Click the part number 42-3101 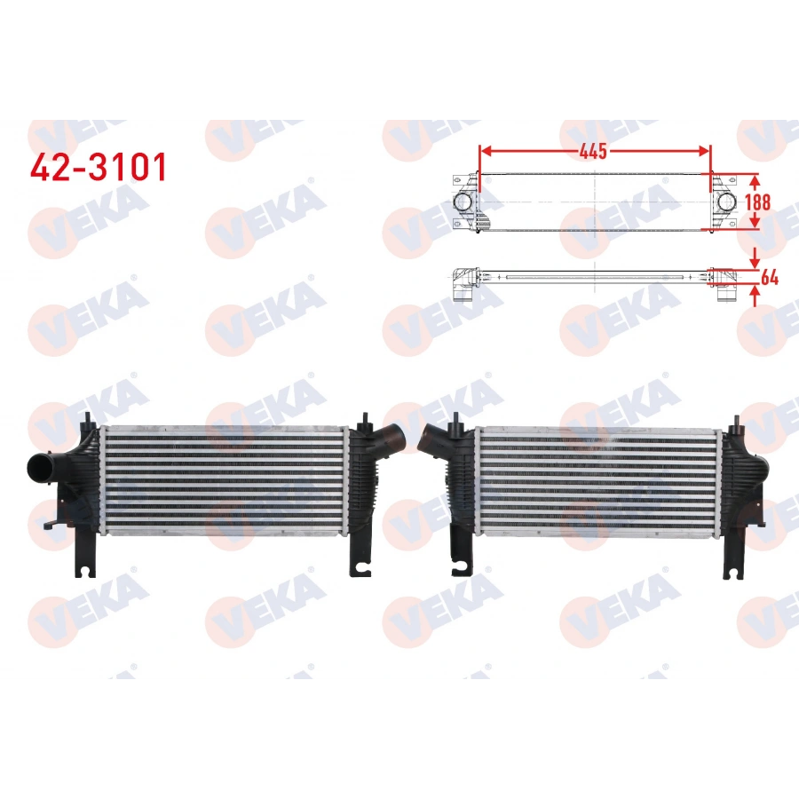pyautogui.click(x=98, y=167)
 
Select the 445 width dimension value pyautogui.click(x=594, y=151)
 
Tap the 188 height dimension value pyautogui.click(x=756, y=202)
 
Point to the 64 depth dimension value pyautogui.click(x=769, y=278)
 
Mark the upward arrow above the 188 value pyautogui.click(x=755, y=180)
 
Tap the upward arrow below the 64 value pyautogui.click(x=755, y=295)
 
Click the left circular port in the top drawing pyautogui.click(x=464, y=202)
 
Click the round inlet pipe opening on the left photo pyautogui.click(x=38, y=467)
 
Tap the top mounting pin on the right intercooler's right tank pyautogui.click(x=737, y=419)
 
